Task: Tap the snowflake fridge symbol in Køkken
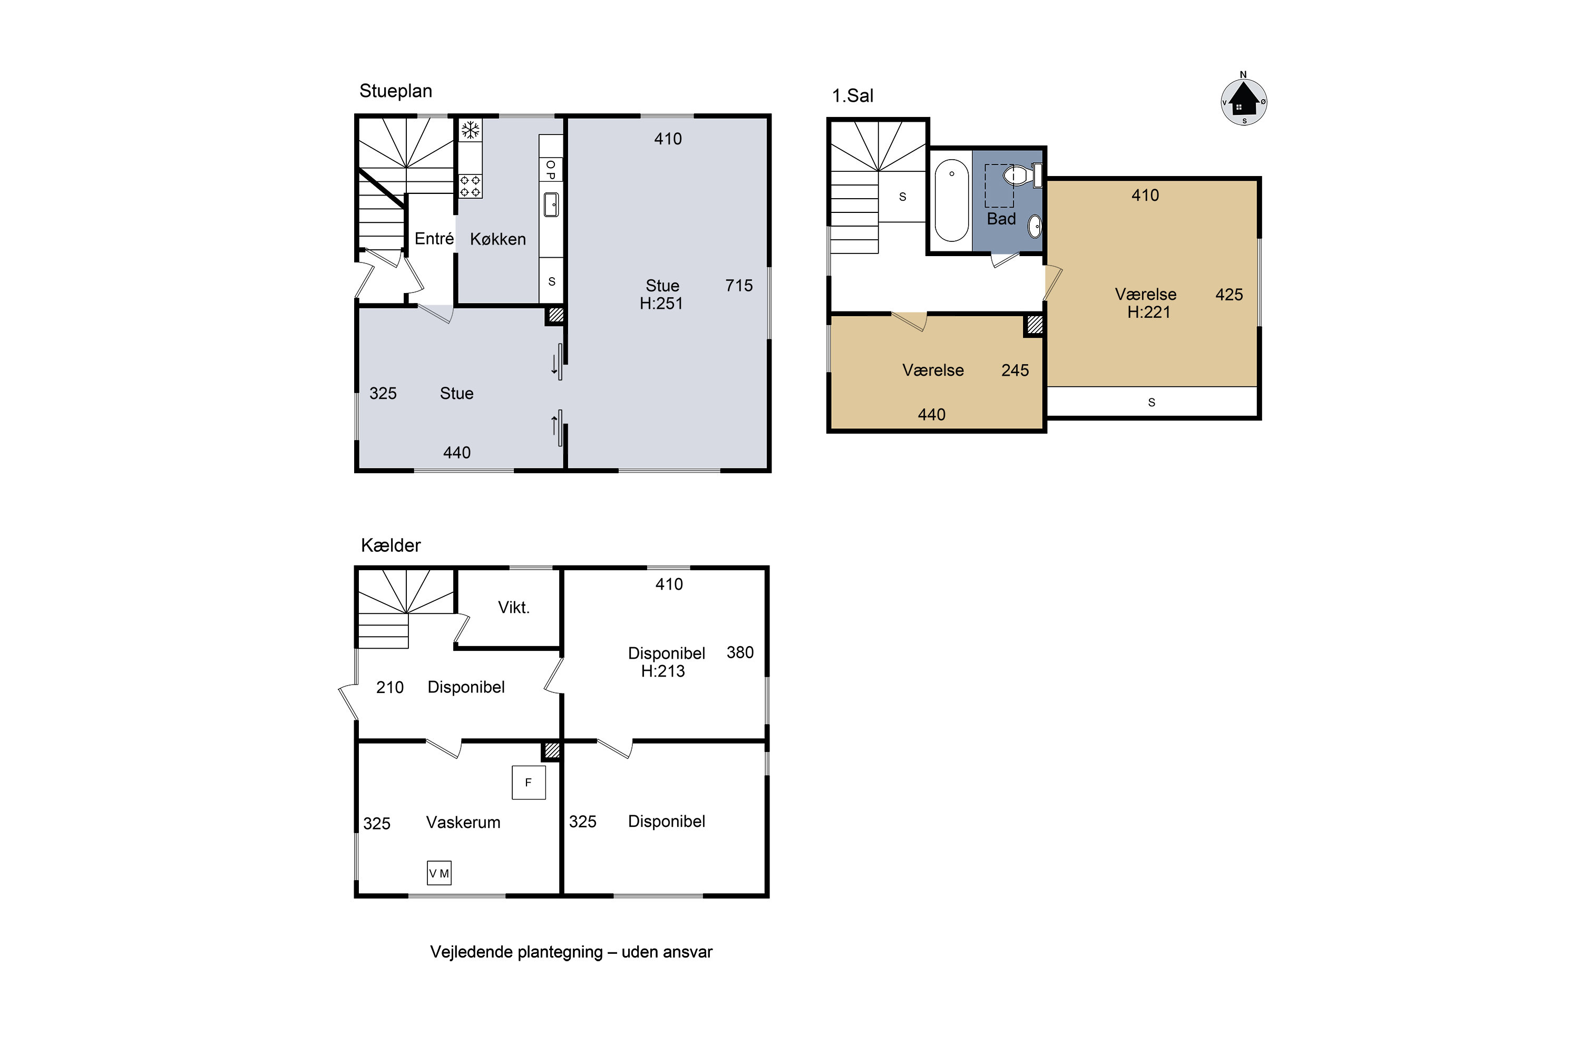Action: pyautogui.click(x=471, y=130)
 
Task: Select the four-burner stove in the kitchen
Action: pyautogui.click(x=471, y=186)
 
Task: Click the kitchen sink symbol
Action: pyautogui.click(x=551, y=204)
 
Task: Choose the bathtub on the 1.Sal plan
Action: pyautogui.click(x=952, y=200)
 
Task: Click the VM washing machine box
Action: pyautogui.click(x=439, y=873)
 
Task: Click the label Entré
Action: pyautogui.click(x=434, y=239)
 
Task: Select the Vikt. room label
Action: pyautogui.click(x=513, y=608)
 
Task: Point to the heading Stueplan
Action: pyautogui.click(x=396, y=91)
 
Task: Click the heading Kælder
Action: pyautogui.click(x=391, y=545)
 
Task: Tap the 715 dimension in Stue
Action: pyautogui.click(x=739, y=286)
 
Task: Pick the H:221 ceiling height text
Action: pyautogui.click(x=1149, y=312)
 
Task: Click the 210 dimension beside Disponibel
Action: pyautogui.click(x=390, y=687)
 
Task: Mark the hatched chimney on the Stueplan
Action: pyautogui.click(x=555, y=315)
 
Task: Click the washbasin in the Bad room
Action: pyautogui.click(x=1035, y=227)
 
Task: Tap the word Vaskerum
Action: pyautogui.click(x=463, y=822)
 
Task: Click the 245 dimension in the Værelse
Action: pyautogui.click(x=1015, y=370)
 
